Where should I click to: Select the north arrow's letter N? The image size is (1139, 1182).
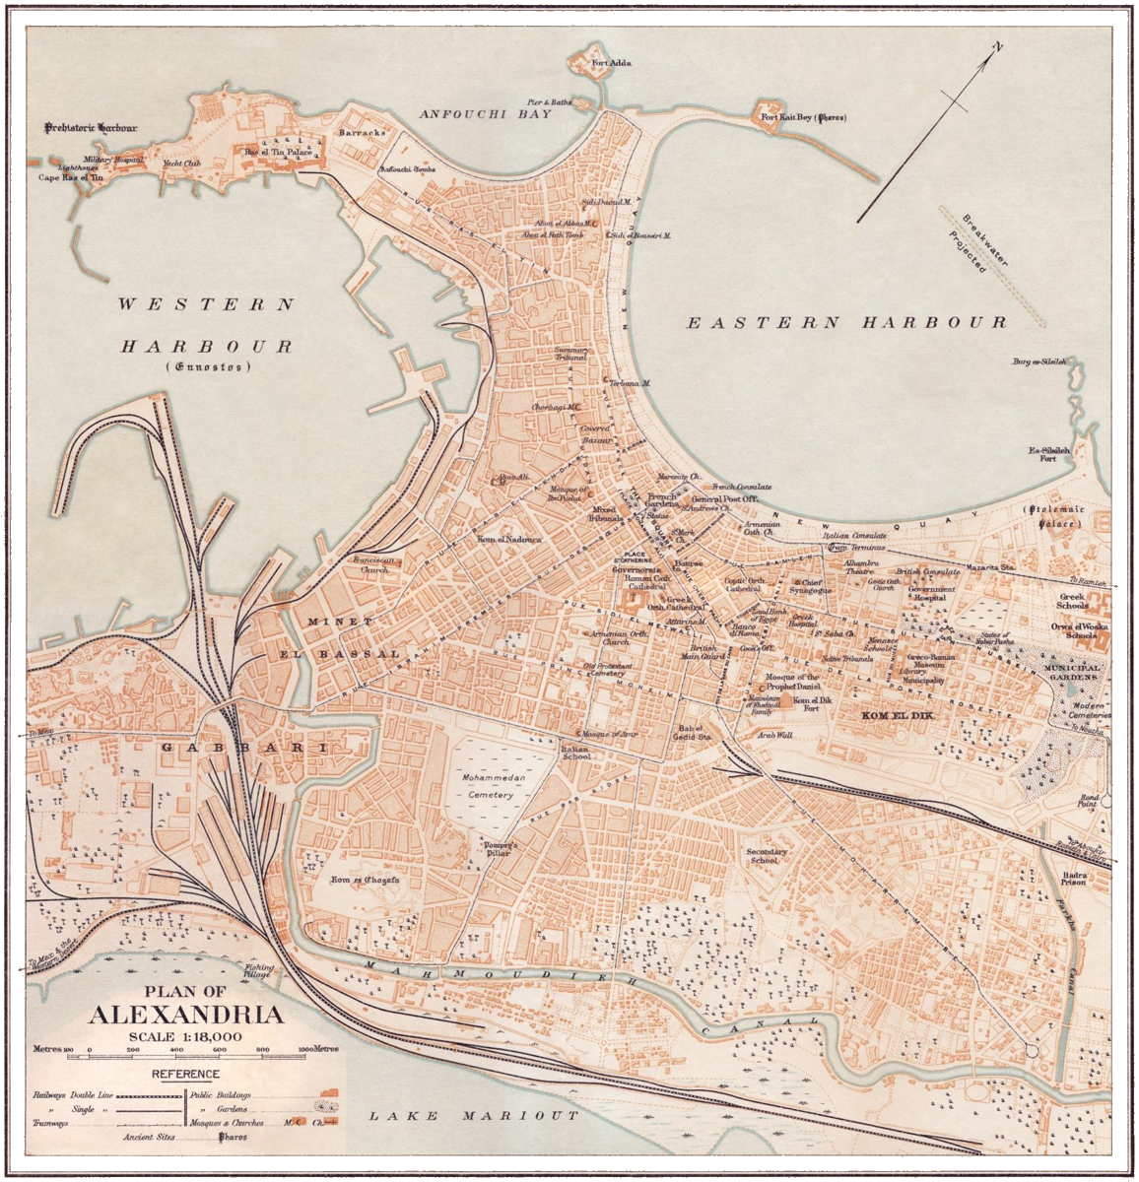coord(997,46)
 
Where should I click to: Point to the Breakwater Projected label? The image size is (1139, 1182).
coord(962,242)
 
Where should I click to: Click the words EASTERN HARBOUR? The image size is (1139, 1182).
coord(846,322)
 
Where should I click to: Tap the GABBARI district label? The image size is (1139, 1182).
coord(243,749)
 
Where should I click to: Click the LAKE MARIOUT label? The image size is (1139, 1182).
coord(472,1116)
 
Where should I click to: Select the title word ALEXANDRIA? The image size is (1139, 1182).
coord(188,1016)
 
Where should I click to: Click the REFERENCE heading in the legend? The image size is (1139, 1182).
coord(186,1074)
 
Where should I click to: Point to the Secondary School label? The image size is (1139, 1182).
coord(766,855)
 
